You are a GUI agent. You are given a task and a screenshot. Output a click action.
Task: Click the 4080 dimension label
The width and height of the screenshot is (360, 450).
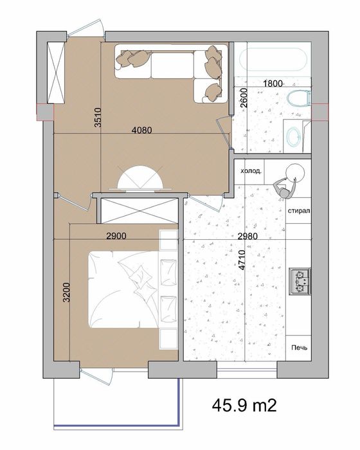click(x=142, y=130)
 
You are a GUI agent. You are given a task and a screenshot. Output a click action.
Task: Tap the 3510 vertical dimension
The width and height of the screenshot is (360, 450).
click(x=98, y=118)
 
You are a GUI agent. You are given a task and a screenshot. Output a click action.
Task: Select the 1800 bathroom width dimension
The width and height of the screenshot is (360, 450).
click(x=273, y=84)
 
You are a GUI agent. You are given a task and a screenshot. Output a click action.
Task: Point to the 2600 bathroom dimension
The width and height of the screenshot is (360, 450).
click(x=244, y=98)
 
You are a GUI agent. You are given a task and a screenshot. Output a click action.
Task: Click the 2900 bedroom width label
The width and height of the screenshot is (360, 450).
click(x=116, y=236)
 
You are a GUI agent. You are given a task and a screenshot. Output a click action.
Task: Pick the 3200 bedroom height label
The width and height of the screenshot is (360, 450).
click(x=67, y=292)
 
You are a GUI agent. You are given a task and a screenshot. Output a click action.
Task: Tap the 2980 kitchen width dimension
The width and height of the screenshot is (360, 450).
click(x=248, y=236)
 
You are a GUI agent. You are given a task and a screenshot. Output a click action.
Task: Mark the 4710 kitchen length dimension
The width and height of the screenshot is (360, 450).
click(x=242, y=260)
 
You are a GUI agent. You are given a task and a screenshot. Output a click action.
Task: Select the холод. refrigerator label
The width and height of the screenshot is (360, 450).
click(x=251, y=172)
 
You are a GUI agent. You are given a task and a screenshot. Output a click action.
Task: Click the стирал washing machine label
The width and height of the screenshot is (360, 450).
click(x=299, y=211)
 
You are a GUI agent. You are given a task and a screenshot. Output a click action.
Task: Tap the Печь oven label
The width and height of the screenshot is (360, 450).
click(x=300, y=348)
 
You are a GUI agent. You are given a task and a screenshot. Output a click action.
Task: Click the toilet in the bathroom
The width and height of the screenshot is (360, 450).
click(x=299, y=99)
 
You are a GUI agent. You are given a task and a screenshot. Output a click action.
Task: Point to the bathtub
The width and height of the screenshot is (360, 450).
click(x=273, y=59)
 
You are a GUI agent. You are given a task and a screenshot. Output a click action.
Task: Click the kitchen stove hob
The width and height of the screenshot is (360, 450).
click(x=300, y=282)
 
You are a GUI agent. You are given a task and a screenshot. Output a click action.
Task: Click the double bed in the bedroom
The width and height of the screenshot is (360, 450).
click(x=123, y=289)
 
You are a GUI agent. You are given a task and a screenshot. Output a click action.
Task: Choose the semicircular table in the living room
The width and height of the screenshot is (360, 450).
click(x=140, y=179)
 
